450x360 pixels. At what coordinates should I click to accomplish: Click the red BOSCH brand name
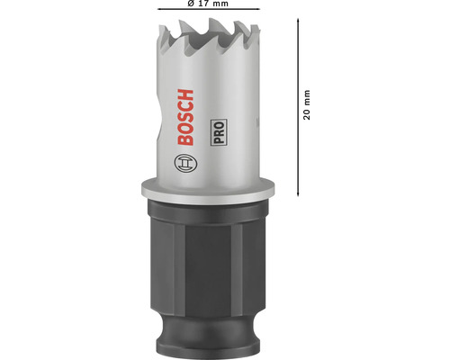click(185, 117)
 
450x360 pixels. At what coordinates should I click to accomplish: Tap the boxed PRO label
click(219, 132)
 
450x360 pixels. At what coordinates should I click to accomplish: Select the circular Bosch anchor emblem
click(186, 164)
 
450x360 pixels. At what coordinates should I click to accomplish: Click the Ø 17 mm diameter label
click(208, 4)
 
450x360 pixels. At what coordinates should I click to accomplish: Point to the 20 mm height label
click(307, 104)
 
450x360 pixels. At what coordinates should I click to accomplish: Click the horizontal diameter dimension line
click(209, 9)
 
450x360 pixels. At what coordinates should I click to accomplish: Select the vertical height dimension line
click(298, 107)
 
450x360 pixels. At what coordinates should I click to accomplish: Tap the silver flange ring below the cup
click(208, 191)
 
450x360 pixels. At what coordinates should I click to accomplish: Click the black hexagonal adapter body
click(207, 263)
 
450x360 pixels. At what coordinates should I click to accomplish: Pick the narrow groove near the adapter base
click(207, 326)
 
